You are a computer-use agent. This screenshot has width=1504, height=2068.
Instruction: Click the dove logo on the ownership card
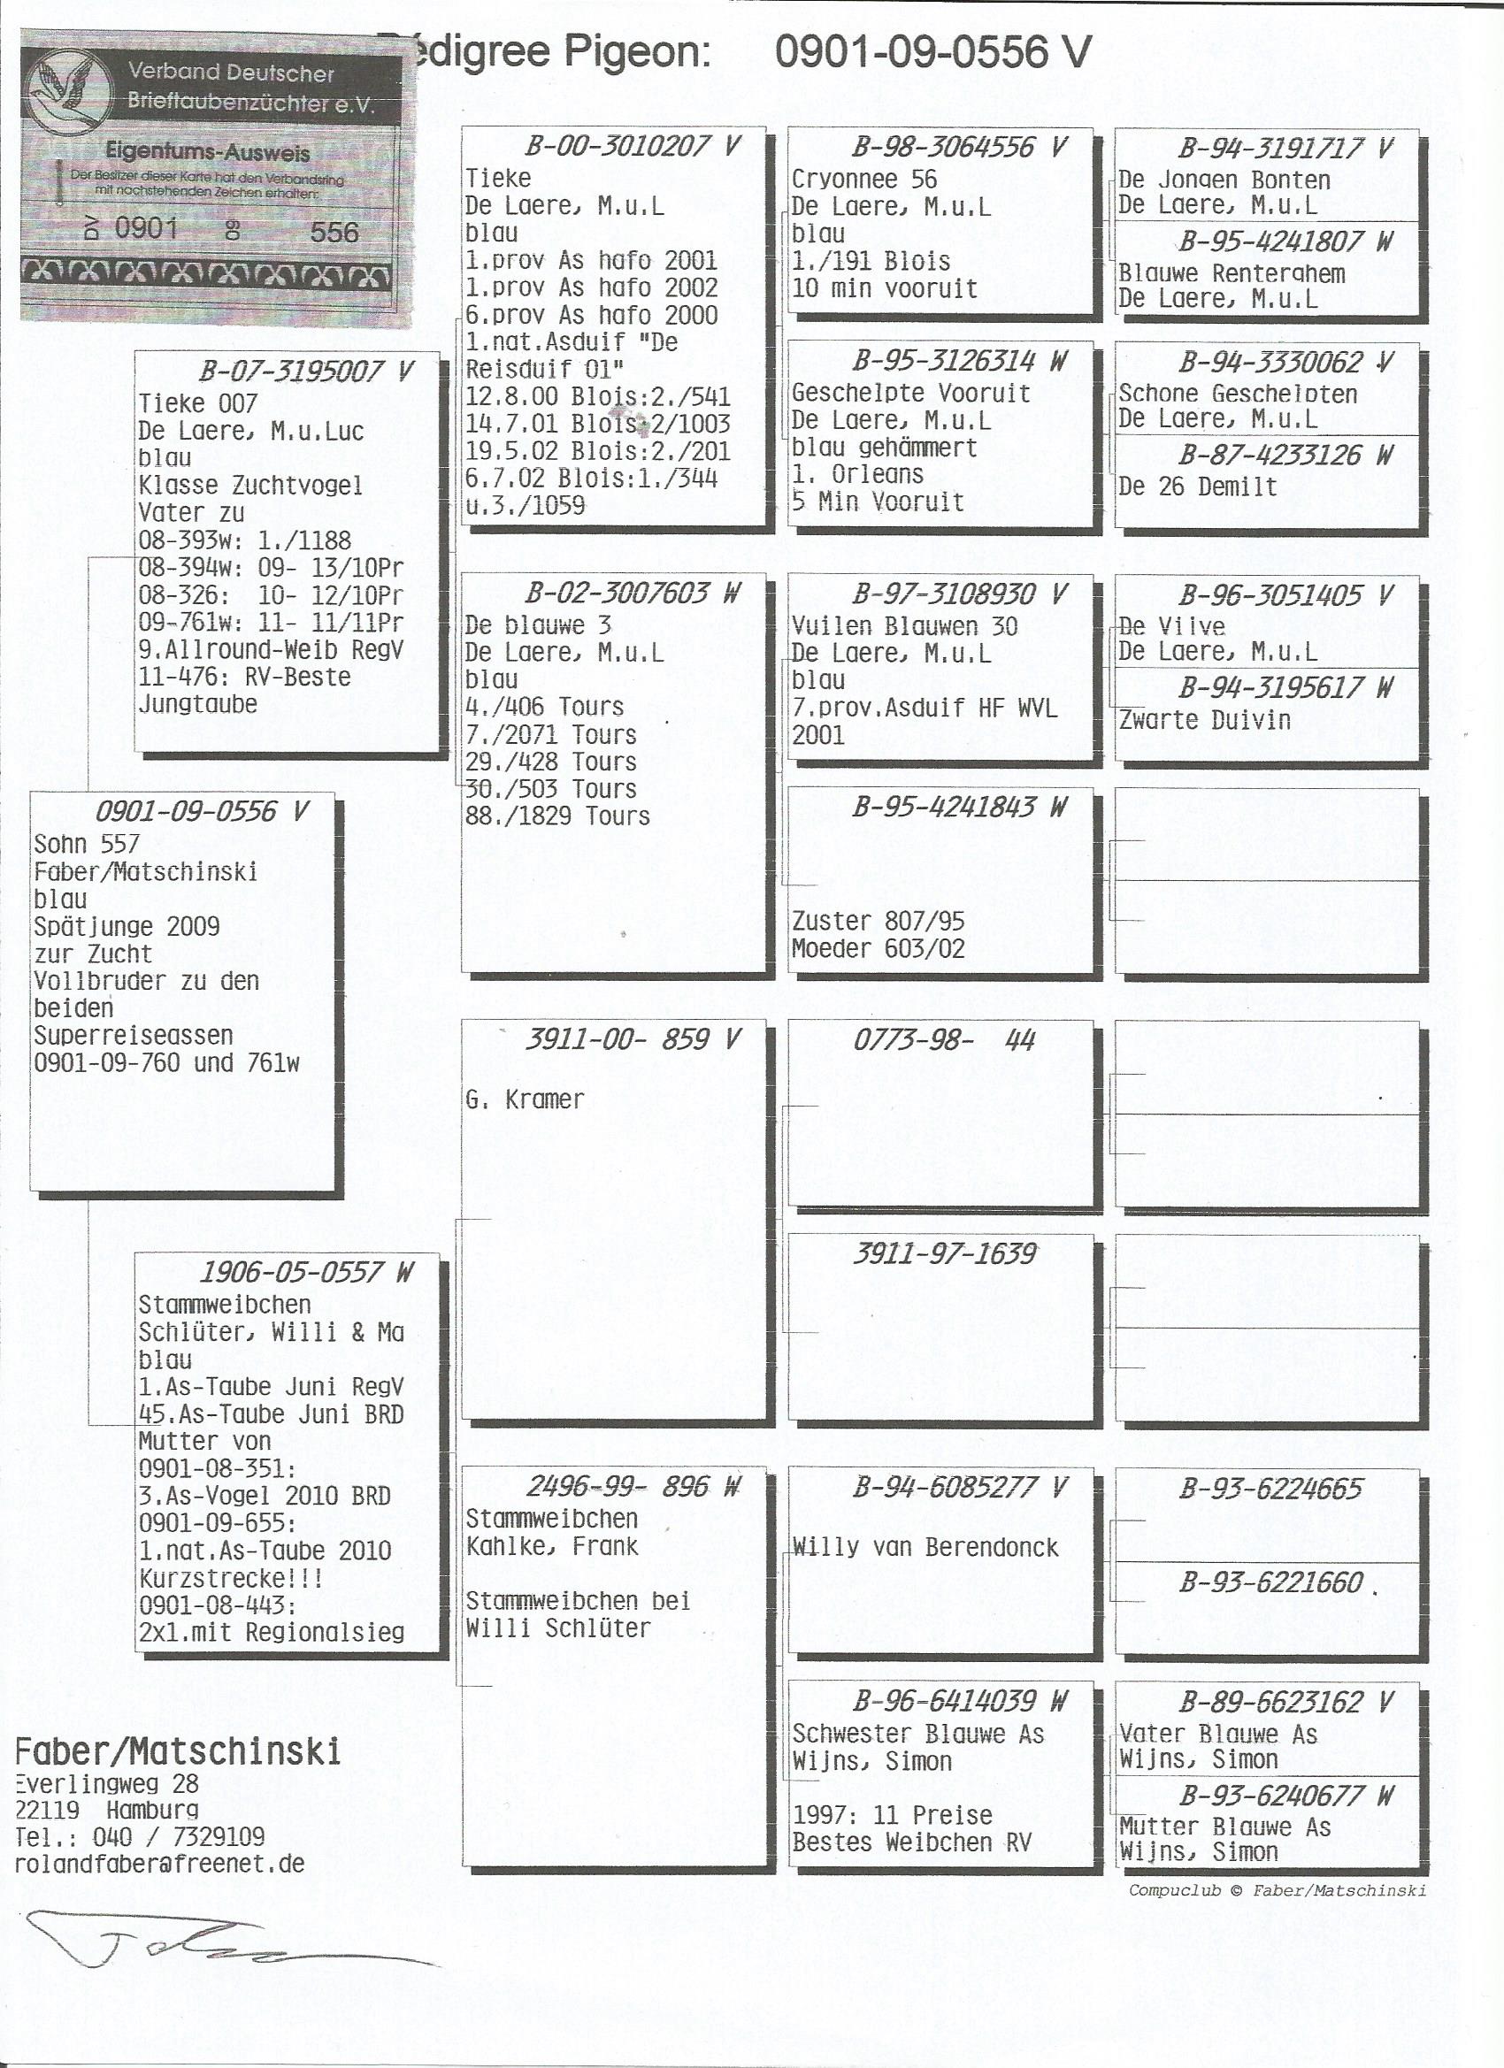coord(69,93)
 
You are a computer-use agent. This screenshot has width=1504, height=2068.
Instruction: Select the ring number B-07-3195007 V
coord(306,371)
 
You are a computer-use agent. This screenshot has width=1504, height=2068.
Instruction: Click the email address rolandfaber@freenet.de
coord(159,1864)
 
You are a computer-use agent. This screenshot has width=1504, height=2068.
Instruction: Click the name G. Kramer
coord(525,1099)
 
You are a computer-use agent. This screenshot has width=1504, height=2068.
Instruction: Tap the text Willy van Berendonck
coord(925,1546)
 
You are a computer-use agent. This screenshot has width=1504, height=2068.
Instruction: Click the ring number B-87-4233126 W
coord(1285,455)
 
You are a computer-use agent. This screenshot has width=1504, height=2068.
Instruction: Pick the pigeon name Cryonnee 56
coord(863,179)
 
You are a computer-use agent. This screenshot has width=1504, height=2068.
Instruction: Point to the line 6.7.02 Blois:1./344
coord(591,478)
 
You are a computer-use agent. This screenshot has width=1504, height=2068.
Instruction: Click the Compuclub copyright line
coord(1277,1890)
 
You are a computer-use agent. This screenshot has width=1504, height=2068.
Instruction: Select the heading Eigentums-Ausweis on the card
coord(208,152)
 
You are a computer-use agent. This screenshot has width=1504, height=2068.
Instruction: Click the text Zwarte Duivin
coord(1204,720)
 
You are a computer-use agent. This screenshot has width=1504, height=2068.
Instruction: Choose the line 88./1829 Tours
coord(557,816)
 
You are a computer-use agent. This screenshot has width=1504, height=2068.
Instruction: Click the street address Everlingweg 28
coord(107,1783)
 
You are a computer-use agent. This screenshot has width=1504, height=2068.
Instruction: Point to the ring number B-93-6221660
coord(1270,1582)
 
